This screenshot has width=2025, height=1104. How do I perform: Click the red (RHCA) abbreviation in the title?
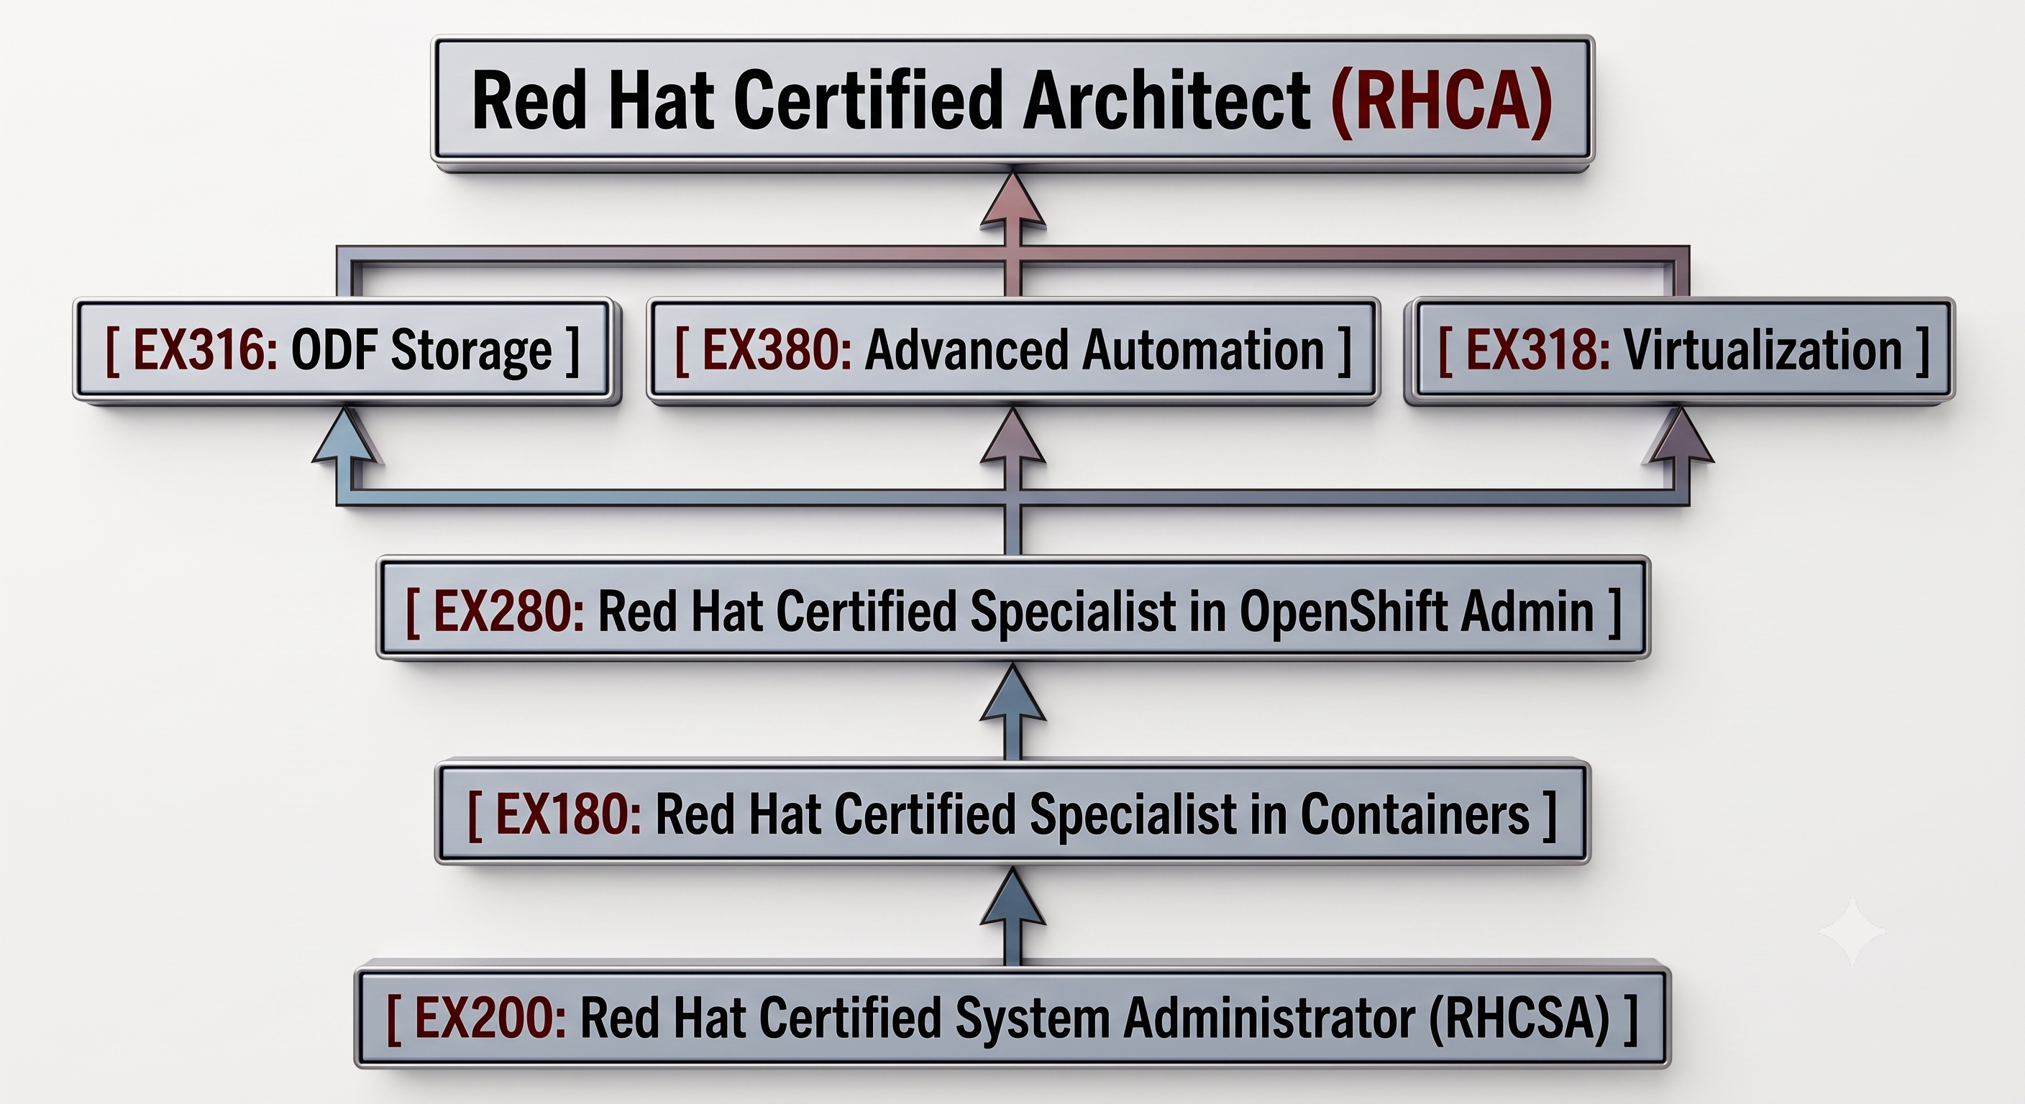coord(1442,101)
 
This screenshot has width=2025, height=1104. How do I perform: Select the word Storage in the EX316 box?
coord(471,351)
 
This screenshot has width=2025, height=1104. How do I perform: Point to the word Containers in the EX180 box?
coord(1415,814)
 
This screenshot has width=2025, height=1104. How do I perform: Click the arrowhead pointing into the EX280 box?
coord(1013,693)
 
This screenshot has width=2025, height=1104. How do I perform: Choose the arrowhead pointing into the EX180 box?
coord(1013,896)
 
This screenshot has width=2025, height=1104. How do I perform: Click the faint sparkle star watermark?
coord(1852,931)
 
